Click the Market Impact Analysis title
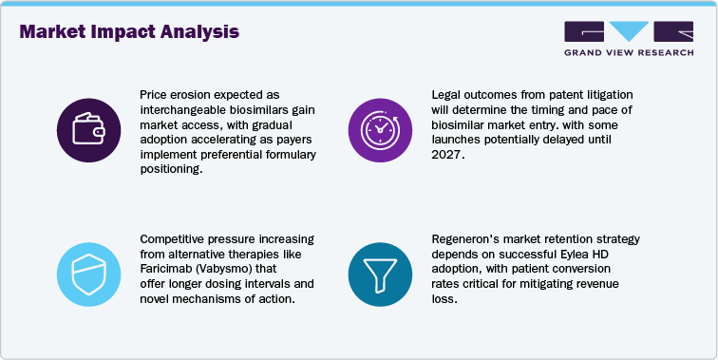[129, 31]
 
